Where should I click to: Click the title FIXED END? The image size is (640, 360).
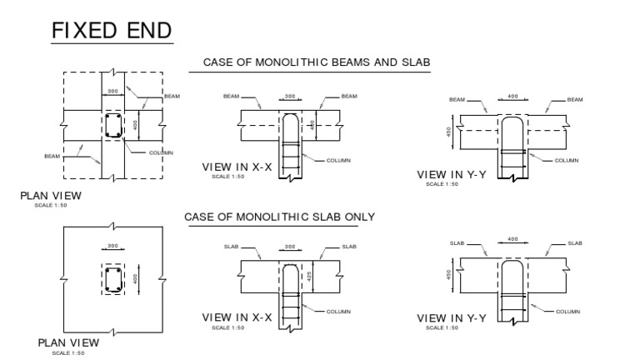click(x=111, y=31)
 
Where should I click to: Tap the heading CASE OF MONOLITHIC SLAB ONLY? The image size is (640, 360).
click(x=279, y=217)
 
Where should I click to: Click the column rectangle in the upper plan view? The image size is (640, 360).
click(x=113, y=127)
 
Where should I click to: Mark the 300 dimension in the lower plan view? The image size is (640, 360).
click(x=112, y=247)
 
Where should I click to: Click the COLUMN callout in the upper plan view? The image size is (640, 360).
click(x=161, y=152)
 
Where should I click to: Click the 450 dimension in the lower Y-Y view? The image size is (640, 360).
click(x=451, y=274)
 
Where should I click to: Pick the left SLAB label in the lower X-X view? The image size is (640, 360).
click(x=232, y=247)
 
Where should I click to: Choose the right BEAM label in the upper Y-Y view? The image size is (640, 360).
click(x=575, y=99)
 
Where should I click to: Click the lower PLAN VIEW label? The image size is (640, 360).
click(x=68, y=342)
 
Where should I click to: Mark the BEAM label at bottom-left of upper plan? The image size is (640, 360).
click(x=52, y=156)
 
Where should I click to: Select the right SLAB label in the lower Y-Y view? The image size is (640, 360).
click(x=575, y=243)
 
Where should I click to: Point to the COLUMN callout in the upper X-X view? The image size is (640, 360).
click(x=338, y=160)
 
